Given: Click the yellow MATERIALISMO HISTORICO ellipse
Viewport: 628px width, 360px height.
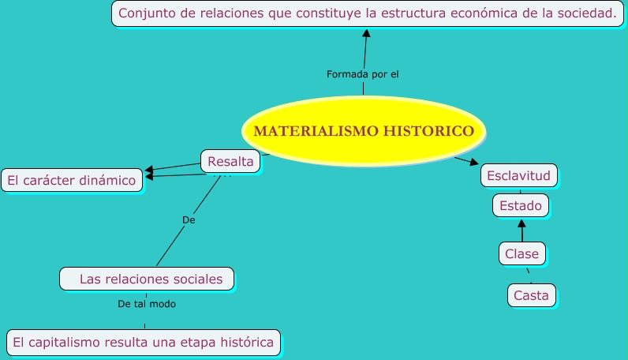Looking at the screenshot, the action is (364, 131).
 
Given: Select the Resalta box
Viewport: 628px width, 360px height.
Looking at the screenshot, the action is (230, 162).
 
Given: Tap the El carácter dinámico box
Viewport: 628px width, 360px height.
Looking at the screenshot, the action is (72, 180).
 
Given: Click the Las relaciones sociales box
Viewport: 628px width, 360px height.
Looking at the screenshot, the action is (148, 279).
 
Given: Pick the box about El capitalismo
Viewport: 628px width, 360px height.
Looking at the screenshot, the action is (144, 342).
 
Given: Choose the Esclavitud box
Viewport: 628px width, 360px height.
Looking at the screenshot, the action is (519, 174).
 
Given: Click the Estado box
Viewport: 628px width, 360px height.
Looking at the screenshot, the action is (521, 206).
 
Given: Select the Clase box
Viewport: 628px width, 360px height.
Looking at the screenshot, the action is (521, 253).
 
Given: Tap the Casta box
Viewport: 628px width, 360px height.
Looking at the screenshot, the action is (531, 295).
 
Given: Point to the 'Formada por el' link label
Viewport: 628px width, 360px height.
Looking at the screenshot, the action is (363, 74).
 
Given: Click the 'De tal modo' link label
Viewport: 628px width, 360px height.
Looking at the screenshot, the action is (147, 303).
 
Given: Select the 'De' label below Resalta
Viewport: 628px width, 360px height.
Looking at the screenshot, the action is (189, 220).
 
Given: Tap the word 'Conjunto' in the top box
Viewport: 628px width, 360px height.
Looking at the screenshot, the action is (147, 13).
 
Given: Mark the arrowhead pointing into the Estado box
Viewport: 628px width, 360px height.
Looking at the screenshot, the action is (521, 224).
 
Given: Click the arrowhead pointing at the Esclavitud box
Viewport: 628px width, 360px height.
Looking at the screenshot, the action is (474, 163).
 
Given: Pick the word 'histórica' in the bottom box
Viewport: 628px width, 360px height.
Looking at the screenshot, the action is (241, 342).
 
